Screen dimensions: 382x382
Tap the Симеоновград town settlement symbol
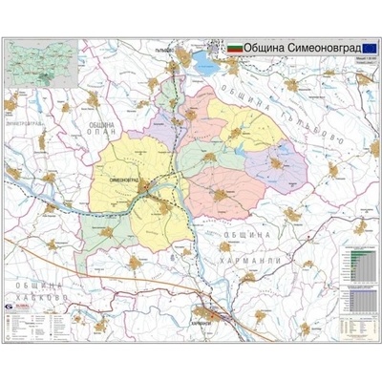(x=144, y=187)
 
